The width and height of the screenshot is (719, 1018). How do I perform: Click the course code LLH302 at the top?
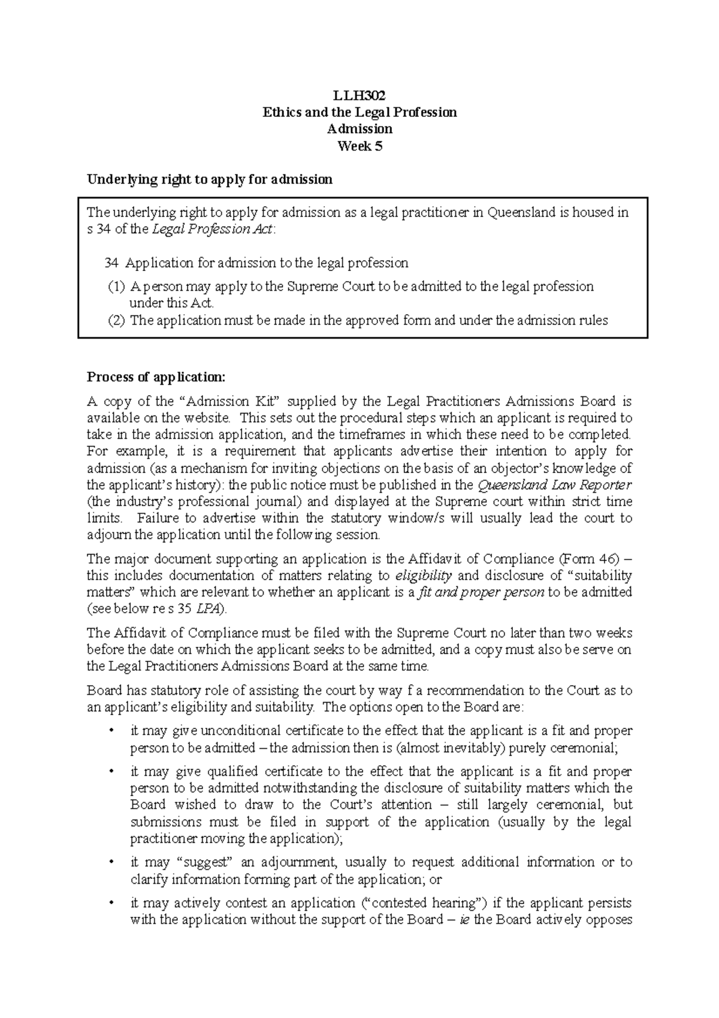point(359,95)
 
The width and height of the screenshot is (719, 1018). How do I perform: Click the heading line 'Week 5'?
point(359,146)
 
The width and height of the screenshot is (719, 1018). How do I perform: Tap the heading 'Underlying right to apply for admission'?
point(209,179)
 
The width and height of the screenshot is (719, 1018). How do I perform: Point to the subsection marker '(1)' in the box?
point(117,287)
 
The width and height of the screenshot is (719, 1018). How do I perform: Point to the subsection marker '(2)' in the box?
point(117,320)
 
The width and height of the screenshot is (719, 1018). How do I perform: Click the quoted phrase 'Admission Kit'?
point(234,401)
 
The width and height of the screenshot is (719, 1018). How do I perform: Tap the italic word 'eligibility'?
point(424,576)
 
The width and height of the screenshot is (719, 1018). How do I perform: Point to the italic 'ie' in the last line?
point(464,920)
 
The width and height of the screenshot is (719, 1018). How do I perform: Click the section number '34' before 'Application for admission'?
point(111,263)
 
